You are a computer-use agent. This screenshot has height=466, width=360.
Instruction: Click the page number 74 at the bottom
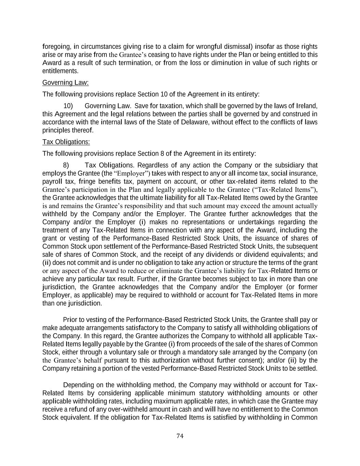pyautogui.click(x=180, y=436)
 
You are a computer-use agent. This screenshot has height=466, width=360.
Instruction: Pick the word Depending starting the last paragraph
pyautogui.click(x=78, y=385)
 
